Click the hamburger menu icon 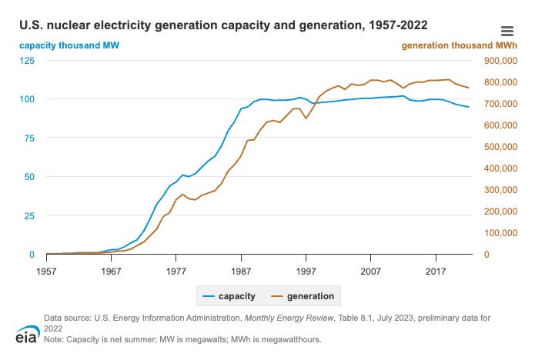click(x=507, y=31)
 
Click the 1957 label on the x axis click(x=46, y=271)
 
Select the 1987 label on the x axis click(x=241, y=271)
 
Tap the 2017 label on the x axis click(x=436, y=271)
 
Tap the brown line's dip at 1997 click(x=306, y=118)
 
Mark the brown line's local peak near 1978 click(x=182, y=194)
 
